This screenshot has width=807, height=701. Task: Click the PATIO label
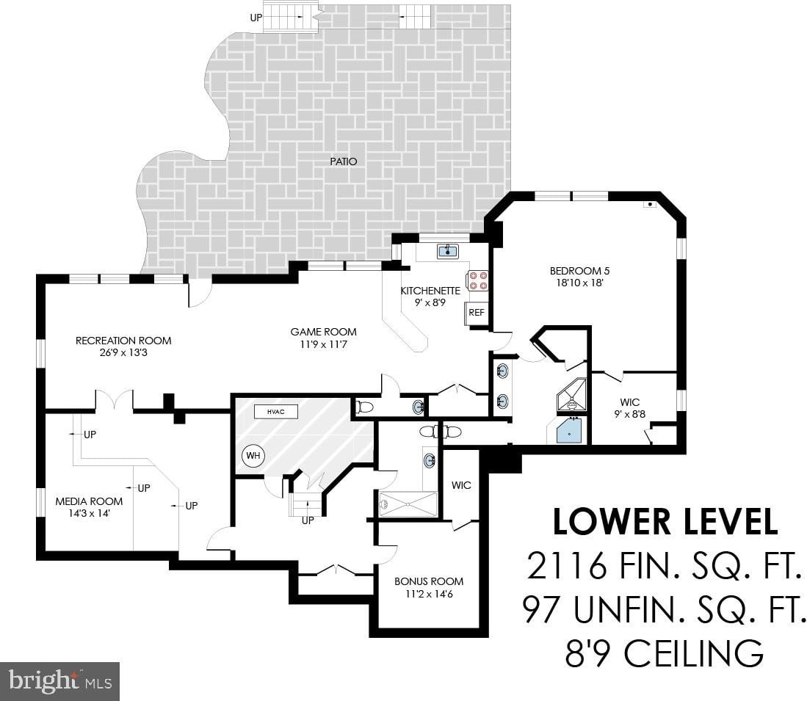(x=343, y=161)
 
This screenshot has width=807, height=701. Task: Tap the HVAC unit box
(x=276, y=412)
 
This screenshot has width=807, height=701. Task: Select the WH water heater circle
(x=253, y=456)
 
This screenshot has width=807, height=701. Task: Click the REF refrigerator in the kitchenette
(x=477, y=312)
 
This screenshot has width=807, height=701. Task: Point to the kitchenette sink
(x=448, y=252)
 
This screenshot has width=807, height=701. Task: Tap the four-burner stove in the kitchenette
(x=477, y=281)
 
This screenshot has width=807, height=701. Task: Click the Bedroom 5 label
(x=579, y=271)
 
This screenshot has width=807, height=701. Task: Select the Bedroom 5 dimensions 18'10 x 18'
(x=579, y=283)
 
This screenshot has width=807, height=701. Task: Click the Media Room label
(x=89, y=501)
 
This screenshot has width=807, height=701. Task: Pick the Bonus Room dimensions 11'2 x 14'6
(x=429, y=594)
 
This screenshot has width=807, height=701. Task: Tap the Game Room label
(x=323, y=333)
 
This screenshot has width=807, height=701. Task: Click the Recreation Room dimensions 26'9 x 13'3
(x=123, y=353)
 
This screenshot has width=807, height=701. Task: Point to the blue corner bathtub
(x=569, y=431)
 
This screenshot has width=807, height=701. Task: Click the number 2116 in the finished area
(x=565, y=565)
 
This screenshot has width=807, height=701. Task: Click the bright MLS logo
(x=59, y=681)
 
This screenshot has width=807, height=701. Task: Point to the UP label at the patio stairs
(x=256, y=18)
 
